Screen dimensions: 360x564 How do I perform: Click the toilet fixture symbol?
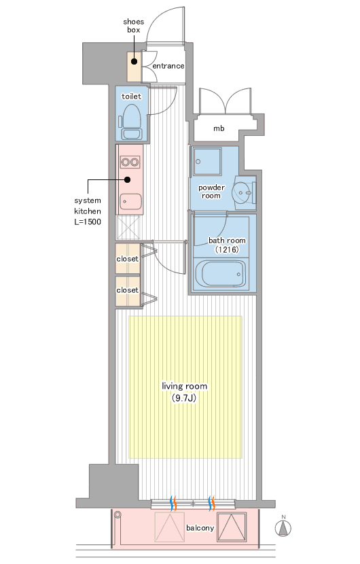click(x=130, y=122)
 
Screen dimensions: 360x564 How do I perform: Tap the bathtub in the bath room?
click(x=220, y=273)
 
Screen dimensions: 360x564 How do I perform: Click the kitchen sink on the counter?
click(x=130, y=202)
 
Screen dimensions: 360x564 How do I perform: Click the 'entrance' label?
click(x=168, y=66)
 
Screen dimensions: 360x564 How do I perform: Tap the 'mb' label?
click(x=219, y=128)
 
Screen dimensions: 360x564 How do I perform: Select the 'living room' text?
click(x=185, y=387)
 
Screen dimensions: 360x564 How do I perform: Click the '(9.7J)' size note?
click(x=184, y=398)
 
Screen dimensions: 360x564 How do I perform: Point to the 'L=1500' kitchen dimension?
click(x=88, y=222)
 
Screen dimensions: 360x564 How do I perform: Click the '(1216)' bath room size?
click(x=227, y=249)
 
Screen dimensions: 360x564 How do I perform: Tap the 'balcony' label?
click(x=200, y=528)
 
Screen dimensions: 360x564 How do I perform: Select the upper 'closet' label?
click(x=127, y=259)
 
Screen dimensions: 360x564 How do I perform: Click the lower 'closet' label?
click(x=127, y=290)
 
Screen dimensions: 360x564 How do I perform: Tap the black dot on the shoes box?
click(x=134, y=62)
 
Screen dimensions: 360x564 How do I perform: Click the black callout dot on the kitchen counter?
click(x=128, y=179)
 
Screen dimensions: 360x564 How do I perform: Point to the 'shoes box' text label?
click(x=133, y=26)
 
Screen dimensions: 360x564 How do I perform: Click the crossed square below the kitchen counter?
click(x=128, y=228)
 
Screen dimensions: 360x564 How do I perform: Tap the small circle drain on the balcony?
click(x=118, y=515)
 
